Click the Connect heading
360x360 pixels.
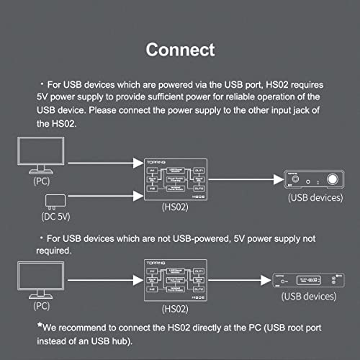180,50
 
